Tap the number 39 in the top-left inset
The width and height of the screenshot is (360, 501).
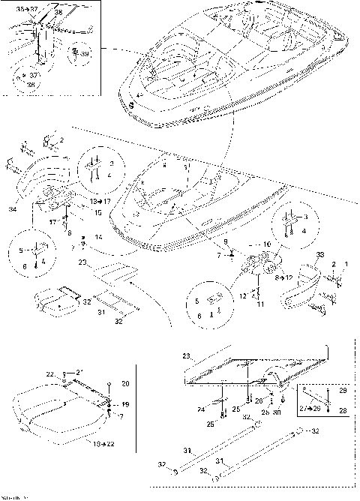point(85,54)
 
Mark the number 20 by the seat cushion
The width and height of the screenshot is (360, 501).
point(124,383)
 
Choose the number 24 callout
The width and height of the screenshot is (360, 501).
point(202,409)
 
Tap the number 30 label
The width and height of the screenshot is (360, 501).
point(277,412)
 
